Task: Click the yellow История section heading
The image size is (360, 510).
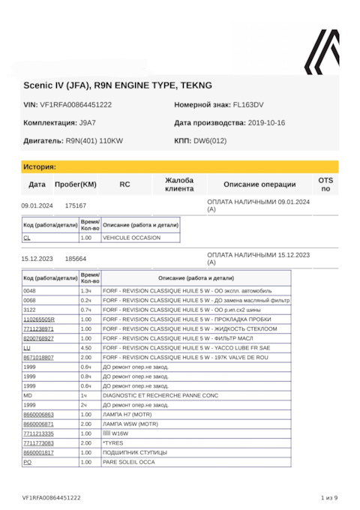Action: point(40,166)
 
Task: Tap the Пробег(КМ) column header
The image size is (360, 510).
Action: point(76,184)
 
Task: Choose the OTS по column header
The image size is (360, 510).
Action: point(325,184)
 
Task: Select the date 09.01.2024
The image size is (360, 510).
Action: point(37,205)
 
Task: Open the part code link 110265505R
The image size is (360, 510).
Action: point(39,319)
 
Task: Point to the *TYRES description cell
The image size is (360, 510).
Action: point(113,443)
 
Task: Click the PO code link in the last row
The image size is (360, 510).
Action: point(27,463)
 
